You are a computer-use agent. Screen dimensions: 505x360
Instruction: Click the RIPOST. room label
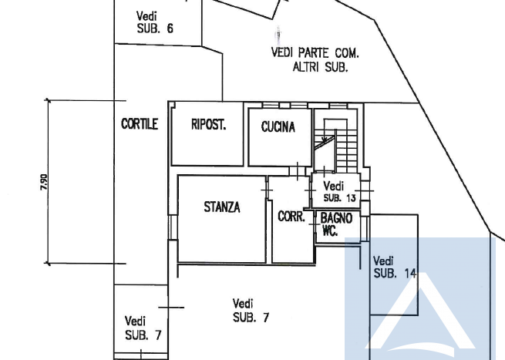pyautogui.click(x=208, y=125)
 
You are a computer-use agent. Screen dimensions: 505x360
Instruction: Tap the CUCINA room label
pyautogui.click(x=278, y=127)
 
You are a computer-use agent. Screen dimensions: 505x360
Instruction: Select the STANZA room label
pyautogui.click(x=222, y=207)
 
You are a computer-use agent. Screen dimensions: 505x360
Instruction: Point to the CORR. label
pyautogui.click(x=291, y=217)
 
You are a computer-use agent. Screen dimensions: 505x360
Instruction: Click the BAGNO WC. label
pyautogui.click(x=336, y=224)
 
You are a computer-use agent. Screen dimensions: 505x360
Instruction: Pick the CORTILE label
pyautogui.click(x=140, y=124)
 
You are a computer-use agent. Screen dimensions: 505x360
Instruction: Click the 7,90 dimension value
pyautogui.click(x=44, y=182)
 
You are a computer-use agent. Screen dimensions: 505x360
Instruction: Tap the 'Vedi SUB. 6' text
pyautogui.click(x=155, y=22)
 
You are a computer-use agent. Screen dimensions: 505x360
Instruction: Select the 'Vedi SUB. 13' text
pyautogui.click(x=339, y=192)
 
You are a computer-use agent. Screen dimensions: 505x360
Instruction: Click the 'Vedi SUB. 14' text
pyautogui.click(x=395, y=267)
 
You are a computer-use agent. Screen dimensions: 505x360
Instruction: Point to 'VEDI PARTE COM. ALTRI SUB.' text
pyautogui.click(x=315, y=59)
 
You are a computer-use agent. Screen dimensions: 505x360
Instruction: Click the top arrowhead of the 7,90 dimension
pyautogui.click(x=48, y=100)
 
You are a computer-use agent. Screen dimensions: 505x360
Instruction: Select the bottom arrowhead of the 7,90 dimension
pyautogui.click(x=48, y=264)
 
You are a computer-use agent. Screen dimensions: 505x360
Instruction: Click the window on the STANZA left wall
pyautogui.click(x=173, y=227)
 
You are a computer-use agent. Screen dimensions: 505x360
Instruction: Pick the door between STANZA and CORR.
pyautogui.click(x=267, y=190)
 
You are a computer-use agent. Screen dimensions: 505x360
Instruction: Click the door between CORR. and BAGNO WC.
pyautogui.click(x=315, y=224)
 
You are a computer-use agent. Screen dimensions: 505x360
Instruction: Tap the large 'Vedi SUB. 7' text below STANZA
pyautogui.click(x=251, y=311)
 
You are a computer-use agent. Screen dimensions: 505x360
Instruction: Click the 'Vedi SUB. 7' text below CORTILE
pyautogui.click(x=143, y=328)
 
